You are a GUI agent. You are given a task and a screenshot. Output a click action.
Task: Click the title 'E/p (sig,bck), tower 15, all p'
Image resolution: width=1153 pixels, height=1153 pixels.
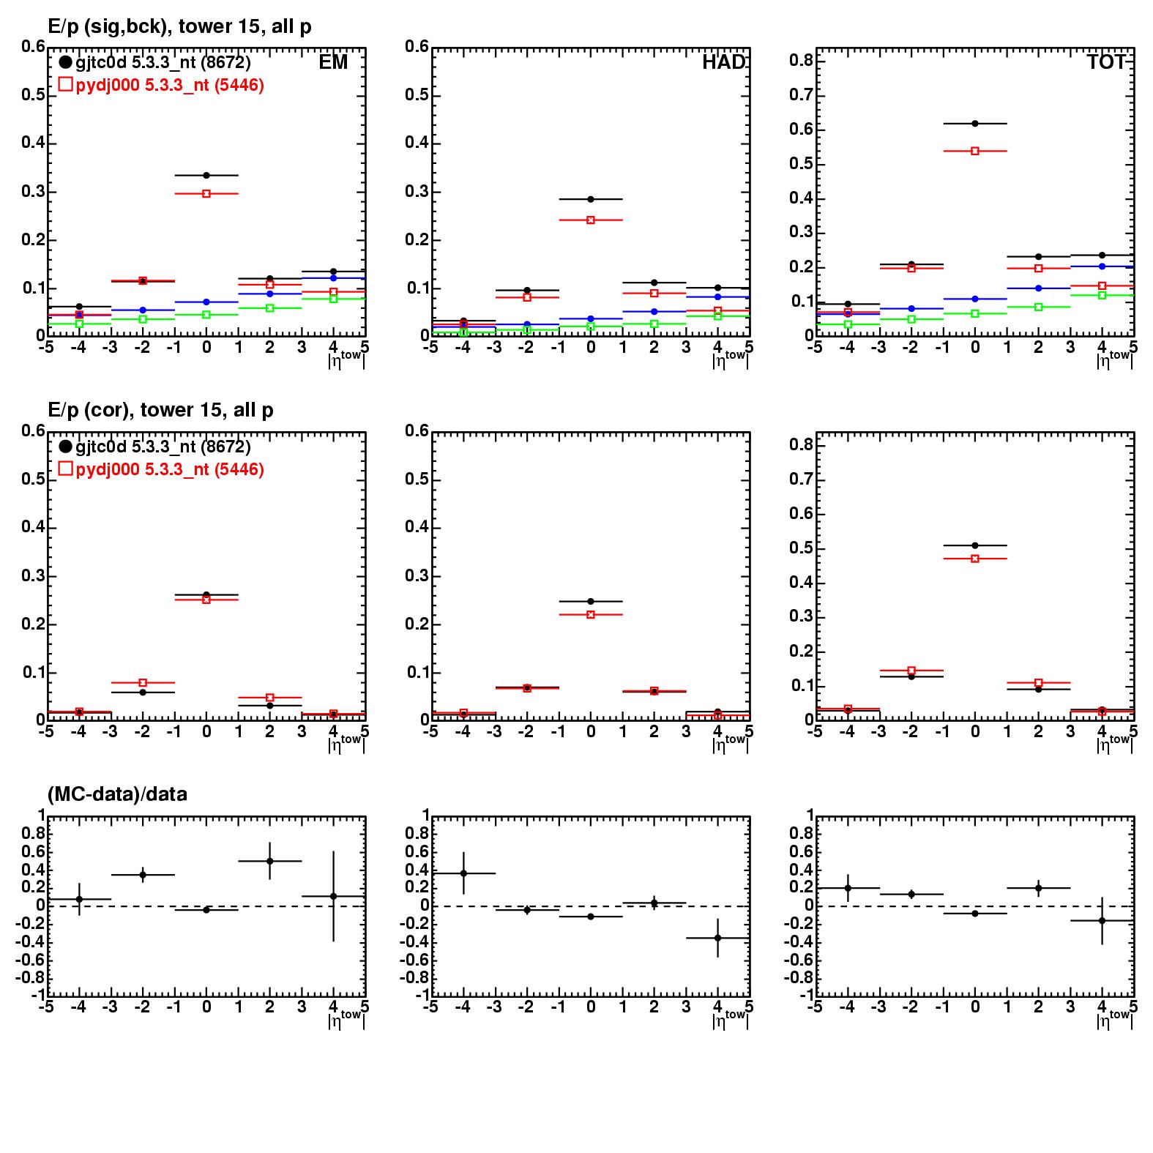(x=179, y=27)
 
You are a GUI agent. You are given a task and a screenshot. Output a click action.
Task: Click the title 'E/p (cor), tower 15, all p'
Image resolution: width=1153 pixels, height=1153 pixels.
(x=160, y=410)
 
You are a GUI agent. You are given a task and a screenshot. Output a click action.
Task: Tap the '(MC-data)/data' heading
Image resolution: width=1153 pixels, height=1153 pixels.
(x=117, y=794)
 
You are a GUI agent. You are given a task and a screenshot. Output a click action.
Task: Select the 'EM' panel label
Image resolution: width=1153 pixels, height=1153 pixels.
(x=333, y=62)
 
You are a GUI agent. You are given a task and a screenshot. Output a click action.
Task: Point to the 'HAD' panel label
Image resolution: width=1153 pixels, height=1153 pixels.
(x=723, y=62)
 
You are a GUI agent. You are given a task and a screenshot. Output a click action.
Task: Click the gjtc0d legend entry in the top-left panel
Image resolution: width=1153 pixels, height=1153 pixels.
(x=155, y=63)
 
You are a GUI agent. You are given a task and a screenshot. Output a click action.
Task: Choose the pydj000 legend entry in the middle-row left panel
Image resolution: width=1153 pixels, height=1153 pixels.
(x=161, y=469)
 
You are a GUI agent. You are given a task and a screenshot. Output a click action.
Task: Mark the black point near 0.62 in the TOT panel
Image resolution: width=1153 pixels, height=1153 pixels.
(x=975, y=124)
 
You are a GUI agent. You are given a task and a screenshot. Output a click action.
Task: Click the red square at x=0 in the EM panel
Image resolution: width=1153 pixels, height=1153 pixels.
(x=206, y=194)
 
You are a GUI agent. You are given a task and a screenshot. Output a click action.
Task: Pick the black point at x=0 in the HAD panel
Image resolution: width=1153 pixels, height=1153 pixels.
(x=591, y=199)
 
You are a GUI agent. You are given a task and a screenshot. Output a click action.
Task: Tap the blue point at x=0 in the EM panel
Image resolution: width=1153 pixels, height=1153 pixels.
(x=206, y=302)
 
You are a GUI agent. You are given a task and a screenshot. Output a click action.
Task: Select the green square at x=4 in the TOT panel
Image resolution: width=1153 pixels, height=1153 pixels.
(x=1102, y=295)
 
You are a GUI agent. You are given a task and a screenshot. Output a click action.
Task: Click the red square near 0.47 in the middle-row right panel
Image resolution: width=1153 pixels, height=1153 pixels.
(x=975, y=559)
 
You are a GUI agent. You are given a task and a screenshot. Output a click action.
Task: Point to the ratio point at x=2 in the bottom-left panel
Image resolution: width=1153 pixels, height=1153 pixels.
(x=270, y=861)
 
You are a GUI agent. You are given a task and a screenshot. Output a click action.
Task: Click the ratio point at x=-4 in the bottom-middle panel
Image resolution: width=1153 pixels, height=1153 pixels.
(x=463, y=873)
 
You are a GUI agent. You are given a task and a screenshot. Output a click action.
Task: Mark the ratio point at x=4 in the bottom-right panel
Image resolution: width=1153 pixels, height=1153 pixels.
(x=1102, y=920)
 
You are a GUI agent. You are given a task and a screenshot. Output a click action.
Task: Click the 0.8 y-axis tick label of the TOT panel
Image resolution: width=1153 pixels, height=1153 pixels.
(x=800, y=61)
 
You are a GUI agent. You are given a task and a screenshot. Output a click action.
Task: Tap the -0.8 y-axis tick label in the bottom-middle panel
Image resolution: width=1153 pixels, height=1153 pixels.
(x=415, y=979)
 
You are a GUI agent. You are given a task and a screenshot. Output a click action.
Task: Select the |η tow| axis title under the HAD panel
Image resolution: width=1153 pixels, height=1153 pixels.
(x=730, y=358)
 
